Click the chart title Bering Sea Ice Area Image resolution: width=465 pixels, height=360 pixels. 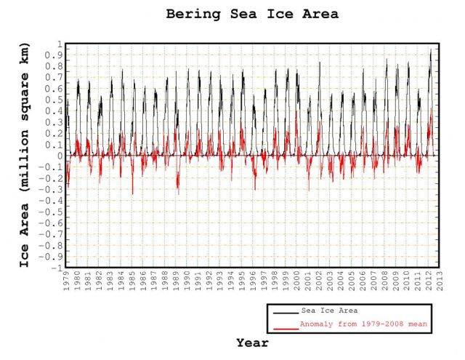point(251,14)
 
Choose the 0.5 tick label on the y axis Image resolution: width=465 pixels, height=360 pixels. point(56,100)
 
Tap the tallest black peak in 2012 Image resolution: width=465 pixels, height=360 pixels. point(431,49)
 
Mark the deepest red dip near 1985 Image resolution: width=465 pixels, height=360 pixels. point(132,193)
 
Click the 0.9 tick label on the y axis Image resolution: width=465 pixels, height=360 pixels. point(56,55)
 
